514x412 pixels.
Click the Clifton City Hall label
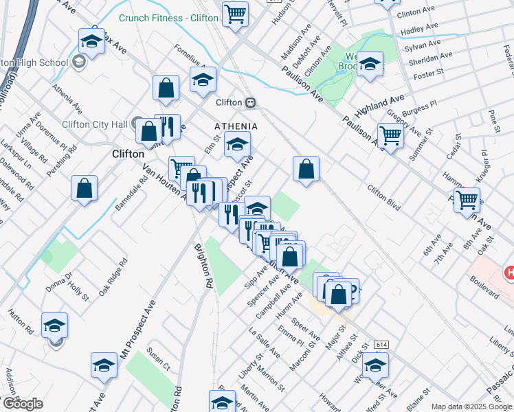96,124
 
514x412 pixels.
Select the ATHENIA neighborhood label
236,127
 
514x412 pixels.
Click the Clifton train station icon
252,102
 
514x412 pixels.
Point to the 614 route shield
382,343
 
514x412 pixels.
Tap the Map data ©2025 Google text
471,407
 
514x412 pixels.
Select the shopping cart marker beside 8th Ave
467,200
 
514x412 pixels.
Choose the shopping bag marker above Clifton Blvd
306,168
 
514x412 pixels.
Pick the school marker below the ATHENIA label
237,144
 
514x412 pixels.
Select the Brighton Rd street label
204,264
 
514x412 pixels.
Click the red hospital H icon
509,273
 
